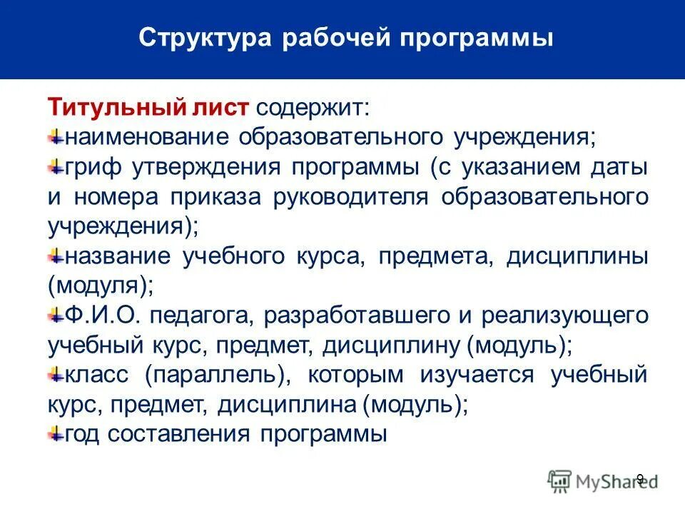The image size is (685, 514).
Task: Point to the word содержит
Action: click(313, 107)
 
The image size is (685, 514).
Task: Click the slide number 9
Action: click(639, 479)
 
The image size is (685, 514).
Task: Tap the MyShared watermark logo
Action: click(604, 481)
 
